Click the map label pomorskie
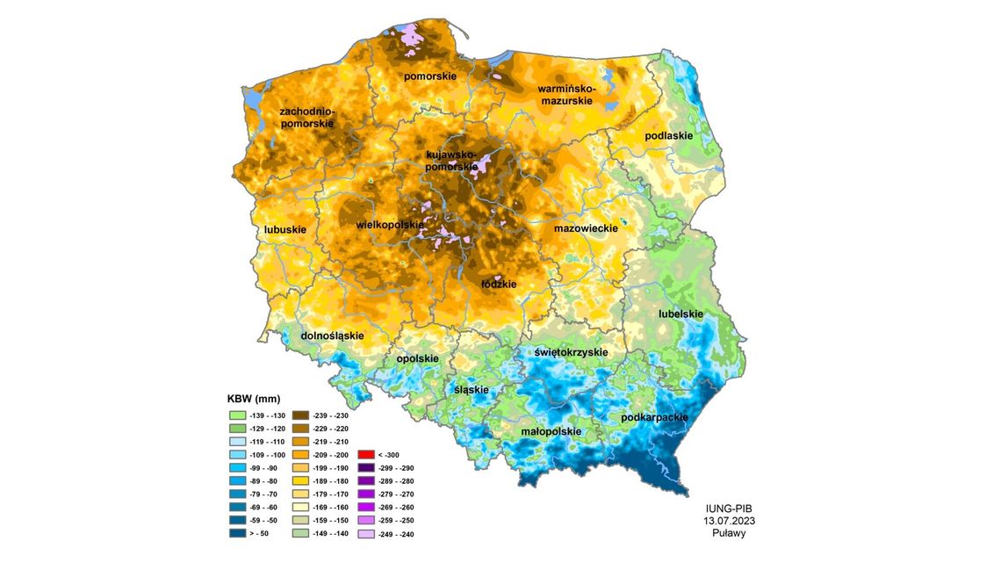pyautogui.click(x=429, y=76)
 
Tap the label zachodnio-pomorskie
pyautogui.click(x=306, y=119)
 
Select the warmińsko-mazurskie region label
pyautogui.click(x=566, y=96)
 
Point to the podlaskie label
pyautogui.click(x=668, y=136)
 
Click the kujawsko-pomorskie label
pyautogui.click(x=451, y=161)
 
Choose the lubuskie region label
pyautogui.click(x=284, y=230)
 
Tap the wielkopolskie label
pyautogui.click(x=390, y=226)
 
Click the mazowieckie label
pyautogui.click(x=587, y=228)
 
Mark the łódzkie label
pyautogui.click(x=499, y=284)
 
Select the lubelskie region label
pyautogui.click(x=681, y=314)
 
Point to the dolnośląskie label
pyautogui.click(x=332, y=336)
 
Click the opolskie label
pyautogui.click(x=417, y=358)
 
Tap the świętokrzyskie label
pyautogui.click(x=571, y=352)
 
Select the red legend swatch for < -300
pyautogui.click(x=367, y=455)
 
